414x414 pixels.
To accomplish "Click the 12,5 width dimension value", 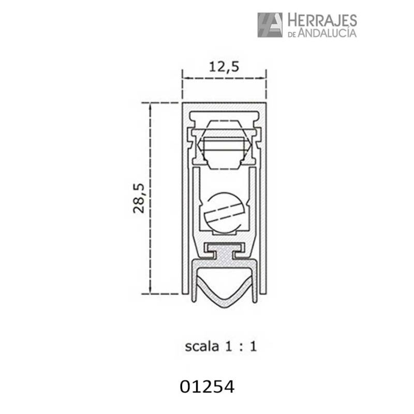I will point(224,66).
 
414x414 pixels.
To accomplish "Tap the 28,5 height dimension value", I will point(138,197).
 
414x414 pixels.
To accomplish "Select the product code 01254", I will point(207,386).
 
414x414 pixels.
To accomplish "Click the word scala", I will point(202,346).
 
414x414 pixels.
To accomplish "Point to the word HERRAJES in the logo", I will point(321,21).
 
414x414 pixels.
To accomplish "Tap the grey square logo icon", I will point(270,24).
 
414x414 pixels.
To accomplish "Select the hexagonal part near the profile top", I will point(224,145).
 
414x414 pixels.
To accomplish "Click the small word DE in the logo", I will point(291,34).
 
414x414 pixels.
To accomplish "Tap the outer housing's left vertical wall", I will point(184,197).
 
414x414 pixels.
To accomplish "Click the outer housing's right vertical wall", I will point(263,197).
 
